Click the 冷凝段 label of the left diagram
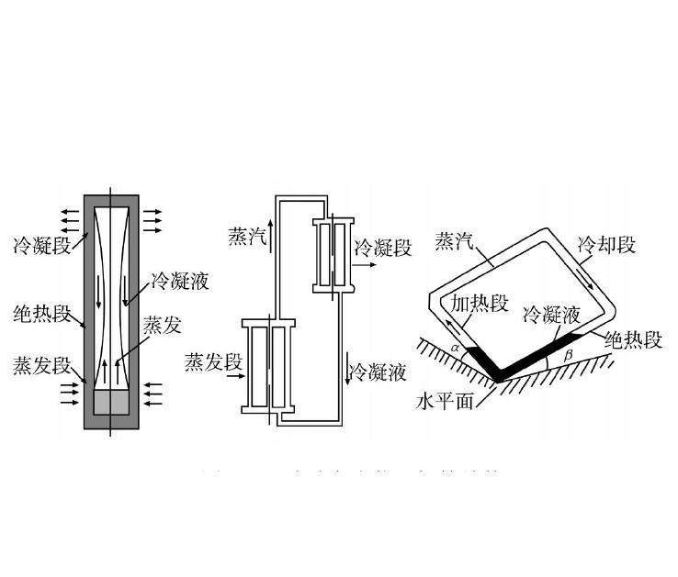[40, 246]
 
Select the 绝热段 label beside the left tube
[41, 315]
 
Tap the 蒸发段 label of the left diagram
[41, 365]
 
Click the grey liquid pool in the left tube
[111, 400]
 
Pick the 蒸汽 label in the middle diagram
[246, 238]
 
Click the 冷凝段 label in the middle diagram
[383, 248]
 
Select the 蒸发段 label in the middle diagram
[213, 362]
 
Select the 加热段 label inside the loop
[478, 304]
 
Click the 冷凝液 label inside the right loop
[551, 316]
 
